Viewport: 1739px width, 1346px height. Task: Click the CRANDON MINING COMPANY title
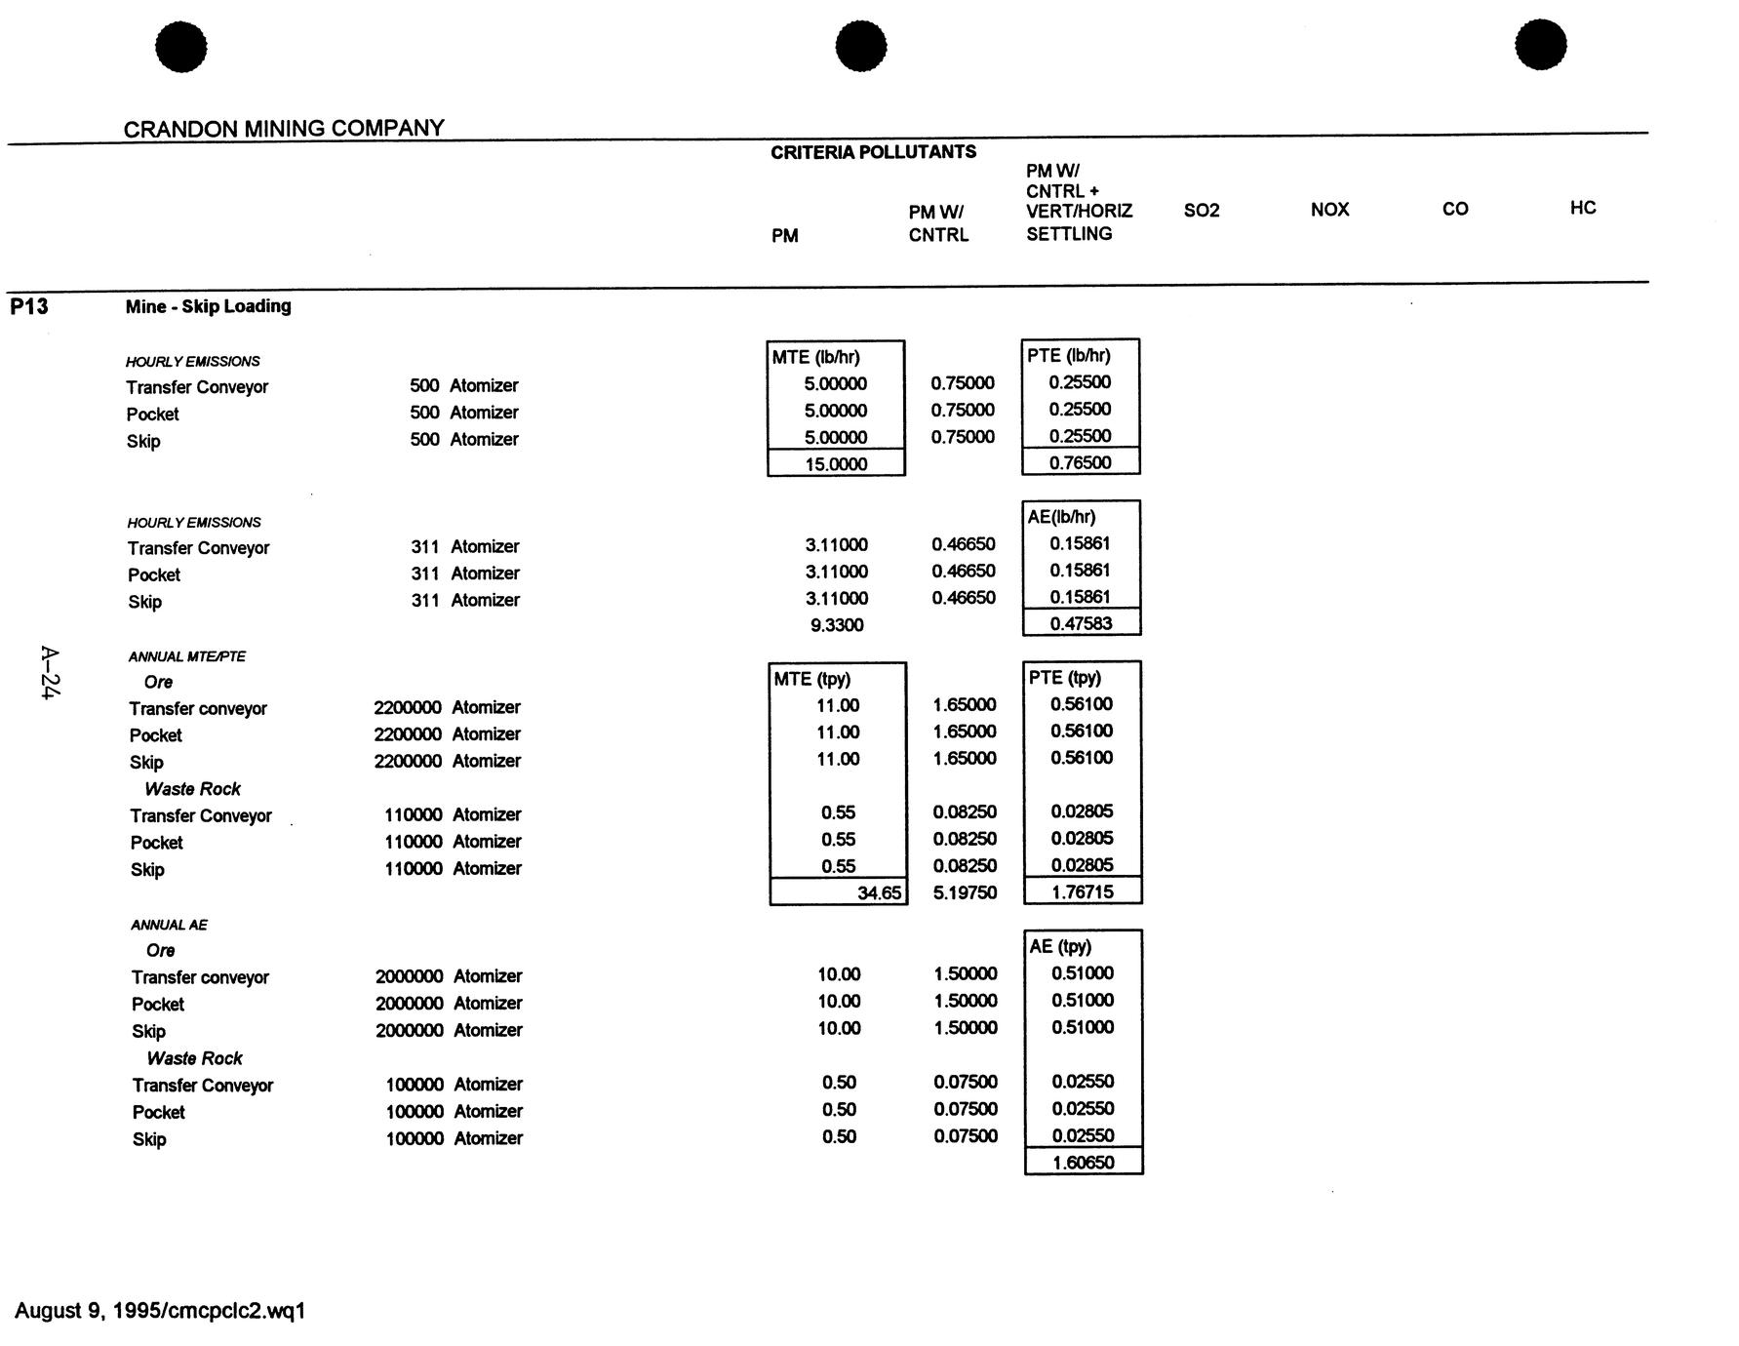[284, 128]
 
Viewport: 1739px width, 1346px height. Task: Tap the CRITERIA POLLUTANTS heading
[873, 152]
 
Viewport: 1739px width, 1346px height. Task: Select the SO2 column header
[1202, 211]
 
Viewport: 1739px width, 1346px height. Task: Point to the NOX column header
[1329, 210]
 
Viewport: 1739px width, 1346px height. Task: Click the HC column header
[1582, 208]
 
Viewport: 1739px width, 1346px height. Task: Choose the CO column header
[1454, 209]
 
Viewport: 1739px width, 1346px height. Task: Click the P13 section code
[29, 306]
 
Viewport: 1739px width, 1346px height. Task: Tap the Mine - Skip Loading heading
[208, 306]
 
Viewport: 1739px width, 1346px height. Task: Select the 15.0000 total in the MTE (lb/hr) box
[836, 464]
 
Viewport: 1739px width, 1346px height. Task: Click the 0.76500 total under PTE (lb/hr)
[1080, 462]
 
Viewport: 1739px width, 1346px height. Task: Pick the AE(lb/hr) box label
[1061, 517]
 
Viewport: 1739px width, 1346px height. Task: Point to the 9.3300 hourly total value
[837, 625]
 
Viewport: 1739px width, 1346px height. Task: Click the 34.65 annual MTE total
[879, 892]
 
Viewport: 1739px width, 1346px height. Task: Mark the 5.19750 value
[965, 892]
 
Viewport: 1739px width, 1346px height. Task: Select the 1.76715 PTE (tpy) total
[1082, 891]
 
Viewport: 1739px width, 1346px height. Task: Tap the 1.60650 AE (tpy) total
[1083, 1162]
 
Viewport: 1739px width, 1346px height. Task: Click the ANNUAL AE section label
[169, 925]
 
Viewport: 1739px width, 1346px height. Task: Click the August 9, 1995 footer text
[160, 1310]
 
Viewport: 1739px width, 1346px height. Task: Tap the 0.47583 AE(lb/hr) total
[1081, 623]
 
